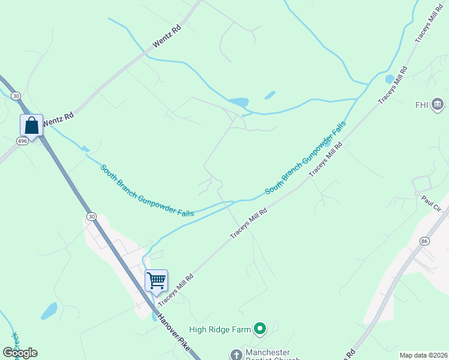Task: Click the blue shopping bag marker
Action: (32, 126)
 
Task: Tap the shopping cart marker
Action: (156, 280)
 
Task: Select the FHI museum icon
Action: (438, 104)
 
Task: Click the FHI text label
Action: (421, 105)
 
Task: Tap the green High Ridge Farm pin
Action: (259, 328)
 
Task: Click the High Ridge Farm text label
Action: (219, 329)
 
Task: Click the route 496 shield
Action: (22, 140)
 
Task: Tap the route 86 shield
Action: (424, 241)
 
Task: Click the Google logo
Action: (20, 353)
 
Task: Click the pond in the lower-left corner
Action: (49, 311)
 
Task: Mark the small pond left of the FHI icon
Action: (390, 79)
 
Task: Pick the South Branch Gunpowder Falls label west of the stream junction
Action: (147, 191)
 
